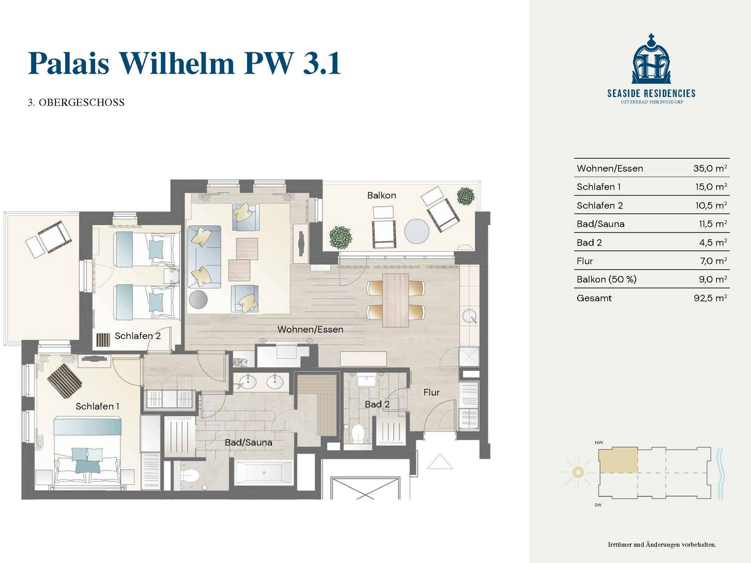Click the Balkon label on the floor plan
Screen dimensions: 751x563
[x=381, y=196]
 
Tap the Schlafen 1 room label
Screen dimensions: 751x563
[x=97, y=406]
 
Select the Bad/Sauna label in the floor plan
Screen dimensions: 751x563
[x=249, y=443]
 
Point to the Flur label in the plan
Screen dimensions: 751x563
[x=431, y=392]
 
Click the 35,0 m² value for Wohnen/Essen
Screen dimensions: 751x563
[x=710, y=168]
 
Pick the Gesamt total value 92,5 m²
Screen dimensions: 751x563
[x=710, y=298]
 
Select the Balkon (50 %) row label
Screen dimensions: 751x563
[x=607, y=279]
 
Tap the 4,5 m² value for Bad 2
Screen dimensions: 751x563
[x=713, y=242]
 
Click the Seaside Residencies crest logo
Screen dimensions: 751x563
[x=651, y=59]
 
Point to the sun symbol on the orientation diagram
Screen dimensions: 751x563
[x=578, y=472]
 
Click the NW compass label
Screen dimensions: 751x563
[x=599, y=443]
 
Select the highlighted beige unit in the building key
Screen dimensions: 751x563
[x=618, y=460]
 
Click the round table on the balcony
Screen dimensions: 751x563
[x=416, y=231]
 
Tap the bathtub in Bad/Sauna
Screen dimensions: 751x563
[x=263, y=472]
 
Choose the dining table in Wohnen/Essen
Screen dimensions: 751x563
[x=395, y=300]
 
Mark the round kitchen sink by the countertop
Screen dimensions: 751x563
[x=469, y=316]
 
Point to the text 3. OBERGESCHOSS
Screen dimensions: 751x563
[x=76, y=103]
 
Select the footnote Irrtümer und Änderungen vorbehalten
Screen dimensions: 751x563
[x=662, y=545]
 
